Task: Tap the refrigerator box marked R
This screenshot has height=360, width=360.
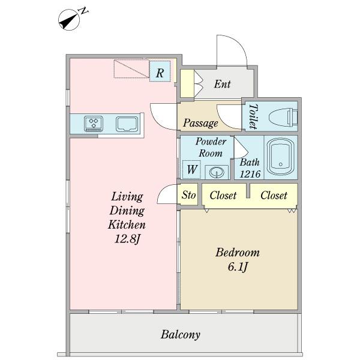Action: coord(160,71)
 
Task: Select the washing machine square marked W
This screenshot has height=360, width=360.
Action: coord(191,170)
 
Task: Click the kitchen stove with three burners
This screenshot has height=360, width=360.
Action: coord(94,124)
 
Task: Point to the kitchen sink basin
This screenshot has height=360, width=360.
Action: coord(127,124)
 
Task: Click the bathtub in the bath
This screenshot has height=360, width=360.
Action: coord(281,157)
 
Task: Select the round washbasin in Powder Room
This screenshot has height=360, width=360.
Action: coord(217,172)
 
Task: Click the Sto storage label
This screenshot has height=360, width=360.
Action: coord(189,195)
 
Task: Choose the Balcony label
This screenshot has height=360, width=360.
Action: coord(181,335)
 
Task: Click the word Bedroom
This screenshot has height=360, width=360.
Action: coord(238,253)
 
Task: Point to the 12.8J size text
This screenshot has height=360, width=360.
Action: coord(127,239)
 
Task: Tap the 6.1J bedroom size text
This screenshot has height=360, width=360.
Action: coord(238,267)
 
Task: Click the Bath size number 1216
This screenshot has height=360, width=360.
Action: coord(250,174)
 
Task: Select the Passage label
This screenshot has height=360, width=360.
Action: coord(200,123)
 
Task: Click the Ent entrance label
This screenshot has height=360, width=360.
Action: coord(222,84)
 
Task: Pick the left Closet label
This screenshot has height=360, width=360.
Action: coord(223,196)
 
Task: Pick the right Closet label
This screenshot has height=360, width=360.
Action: coord(274,196)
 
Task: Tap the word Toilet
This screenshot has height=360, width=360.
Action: coord(253,116)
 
